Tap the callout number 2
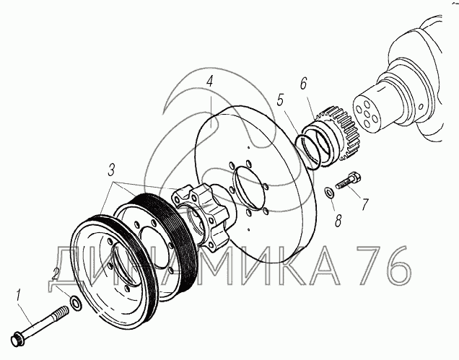tap(56, 274)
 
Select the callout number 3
tap(111, 170)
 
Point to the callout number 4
tap(209, 82)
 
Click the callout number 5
tap(281, 100)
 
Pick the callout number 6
tap(303, 84)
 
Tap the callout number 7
tap(364, 204)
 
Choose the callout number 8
tap(338, 221)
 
